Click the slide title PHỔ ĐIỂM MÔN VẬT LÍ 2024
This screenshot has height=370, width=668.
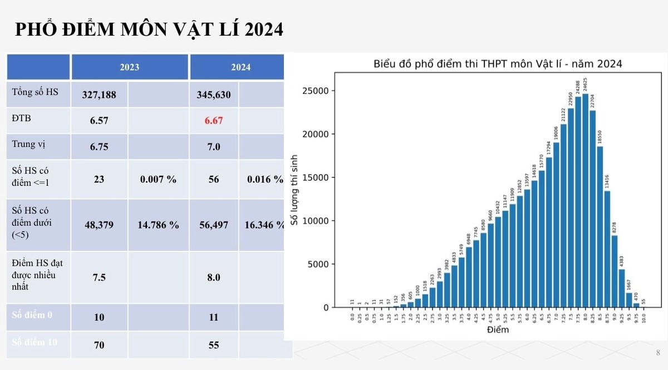pyautogui.click(x=149, y=29)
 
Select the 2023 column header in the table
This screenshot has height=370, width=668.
pyautogui.click(x=129, y=67)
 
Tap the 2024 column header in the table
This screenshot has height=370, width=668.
pyautogui.click(x=241, y=67)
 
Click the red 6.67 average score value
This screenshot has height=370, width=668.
pyautogui.click(x=213, y=120)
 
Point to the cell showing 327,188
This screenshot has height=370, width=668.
pyautogui.click(x=99, y=95)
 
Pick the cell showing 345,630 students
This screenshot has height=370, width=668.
pyautogui.click(x=213, y=95)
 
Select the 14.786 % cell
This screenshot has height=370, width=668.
pyautogui.click(x=158, y=225)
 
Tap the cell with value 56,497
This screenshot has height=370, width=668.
pyautogui.click(x=213, y=225)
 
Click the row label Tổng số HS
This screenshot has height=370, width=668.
pyautogui.click(x=35, y=92)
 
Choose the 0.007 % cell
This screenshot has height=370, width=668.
pyautogui.click(x=158, y=179)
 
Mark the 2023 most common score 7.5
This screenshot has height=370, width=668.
pyautogui.click(x=99, y=277)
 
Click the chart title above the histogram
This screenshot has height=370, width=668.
pyautogui.click(x=497, y=64)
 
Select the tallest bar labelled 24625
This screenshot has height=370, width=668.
pyautogui.click(x=586, y=200)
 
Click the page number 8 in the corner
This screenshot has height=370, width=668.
pyautogui.click(x=658, y=353)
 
